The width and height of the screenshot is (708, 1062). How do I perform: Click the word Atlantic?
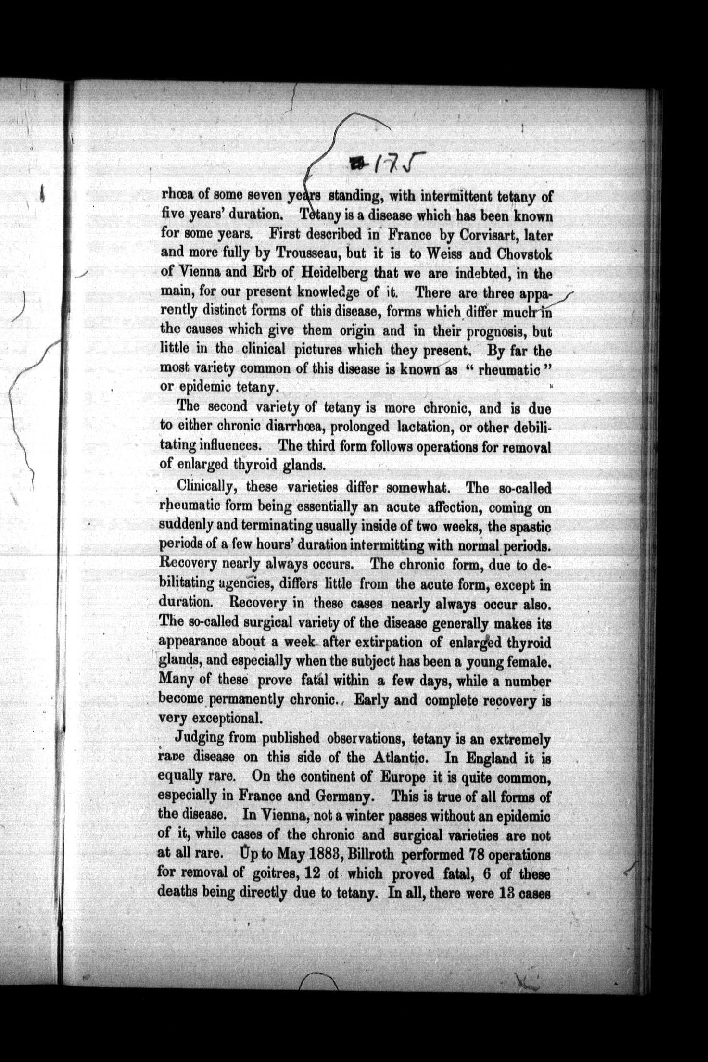pyautogui.click(x=400, y=757)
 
